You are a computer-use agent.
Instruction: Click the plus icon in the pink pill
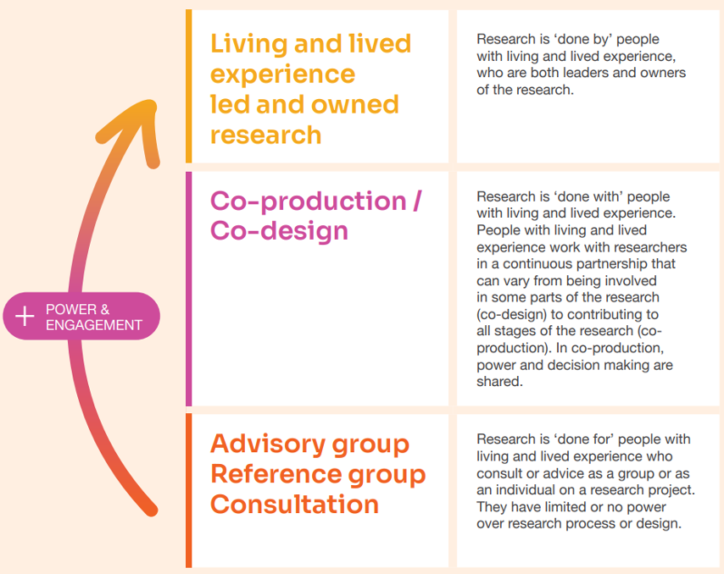26,317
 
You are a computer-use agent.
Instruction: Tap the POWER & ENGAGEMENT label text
93,317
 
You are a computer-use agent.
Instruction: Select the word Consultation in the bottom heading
294,504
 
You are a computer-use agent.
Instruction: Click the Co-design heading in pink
279,230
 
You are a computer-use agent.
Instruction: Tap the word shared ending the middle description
498,382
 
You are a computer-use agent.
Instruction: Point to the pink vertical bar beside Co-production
188,288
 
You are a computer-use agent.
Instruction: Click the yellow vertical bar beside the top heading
188,86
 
